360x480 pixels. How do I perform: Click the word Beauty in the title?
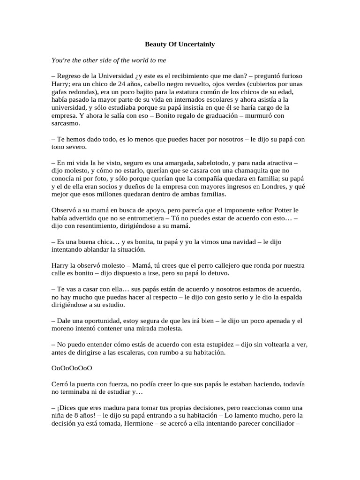(x=155, y=44)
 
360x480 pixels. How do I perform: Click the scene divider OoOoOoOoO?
(x=72, y=369)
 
